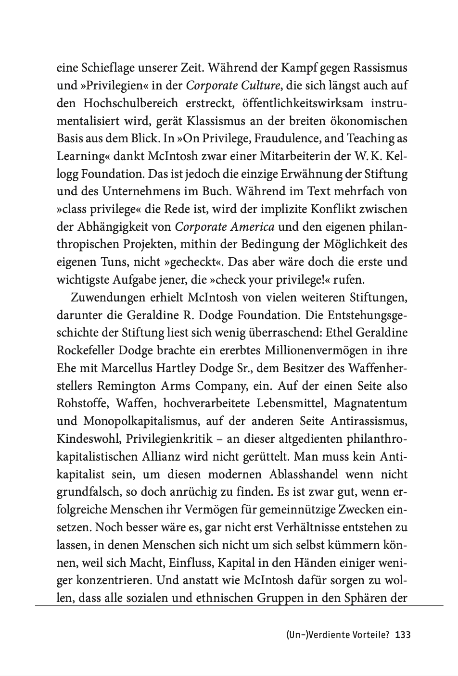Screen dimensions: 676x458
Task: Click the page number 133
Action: [402, 635]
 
